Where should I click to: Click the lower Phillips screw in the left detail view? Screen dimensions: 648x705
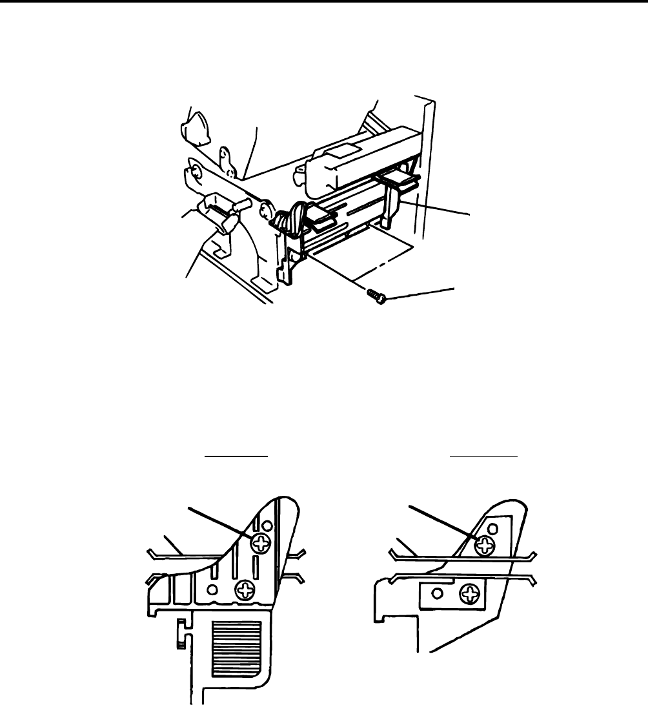pos(245,588)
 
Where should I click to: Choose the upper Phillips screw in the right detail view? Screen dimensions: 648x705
pos(484,547)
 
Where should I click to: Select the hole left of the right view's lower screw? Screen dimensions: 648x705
pos(437,594)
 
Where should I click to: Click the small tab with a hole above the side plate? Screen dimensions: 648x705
pos(225,156)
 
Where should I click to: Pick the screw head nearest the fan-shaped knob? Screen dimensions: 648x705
pos(195,172)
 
